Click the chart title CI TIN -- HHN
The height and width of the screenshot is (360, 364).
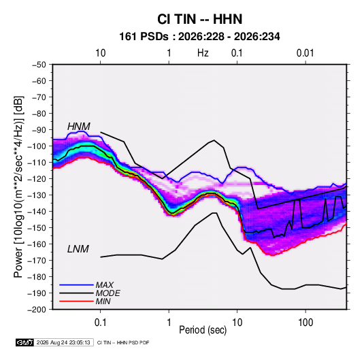(199, 19)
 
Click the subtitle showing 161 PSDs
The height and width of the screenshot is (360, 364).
(199, 37)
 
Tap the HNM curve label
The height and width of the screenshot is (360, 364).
(79, 127)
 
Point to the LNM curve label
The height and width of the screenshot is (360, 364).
(78, 249)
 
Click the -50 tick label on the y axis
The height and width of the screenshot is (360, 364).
(39, 65)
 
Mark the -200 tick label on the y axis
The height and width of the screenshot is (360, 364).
(37, 310)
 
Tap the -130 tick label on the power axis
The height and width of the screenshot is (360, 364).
(37, 195)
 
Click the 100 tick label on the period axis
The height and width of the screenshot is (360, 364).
(305, 323)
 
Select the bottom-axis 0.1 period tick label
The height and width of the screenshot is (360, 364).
(100, 323)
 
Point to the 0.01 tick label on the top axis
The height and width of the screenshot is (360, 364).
(305, 53)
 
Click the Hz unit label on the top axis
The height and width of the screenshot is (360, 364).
(203, 53)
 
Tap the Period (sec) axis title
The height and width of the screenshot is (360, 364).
(203, 330)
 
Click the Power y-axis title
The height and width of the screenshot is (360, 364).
(18, 186)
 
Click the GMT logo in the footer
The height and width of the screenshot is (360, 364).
(25, 342)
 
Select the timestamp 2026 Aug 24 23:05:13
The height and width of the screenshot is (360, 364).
(63, 342)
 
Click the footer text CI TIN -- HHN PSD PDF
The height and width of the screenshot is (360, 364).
(123, 342)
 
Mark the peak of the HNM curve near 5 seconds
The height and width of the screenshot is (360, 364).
(214, 140)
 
